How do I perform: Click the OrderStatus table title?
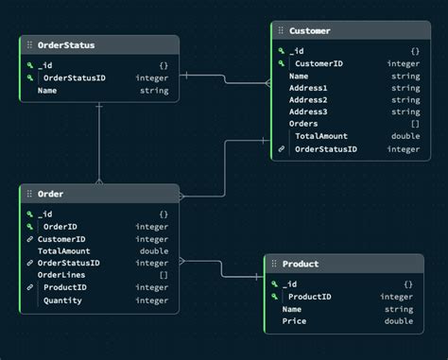[65, 44]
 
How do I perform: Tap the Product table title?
[300, 264]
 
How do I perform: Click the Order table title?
[50, 194]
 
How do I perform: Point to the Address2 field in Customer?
[308, 100]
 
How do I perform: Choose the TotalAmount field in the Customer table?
[320, 137]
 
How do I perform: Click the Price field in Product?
[294, 321]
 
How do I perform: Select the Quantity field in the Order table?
[62, 300]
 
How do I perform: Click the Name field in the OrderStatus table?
[47, 92]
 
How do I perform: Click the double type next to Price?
[399, 321]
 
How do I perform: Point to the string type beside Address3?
[405, 112]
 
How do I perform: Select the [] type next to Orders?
[415, 124]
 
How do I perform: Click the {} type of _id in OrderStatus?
[164, 65]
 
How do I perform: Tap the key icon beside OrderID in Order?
[31, 227]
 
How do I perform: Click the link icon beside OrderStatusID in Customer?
[281, 149]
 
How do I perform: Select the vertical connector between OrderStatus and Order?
[98, 142]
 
